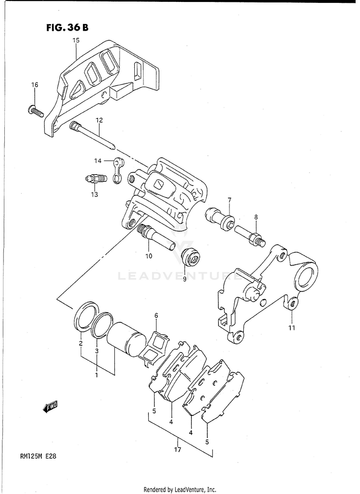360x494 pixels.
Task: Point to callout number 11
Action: coord(292,328)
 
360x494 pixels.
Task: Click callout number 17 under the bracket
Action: coord(178,450)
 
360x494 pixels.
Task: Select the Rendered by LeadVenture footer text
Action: coord(180,489)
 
